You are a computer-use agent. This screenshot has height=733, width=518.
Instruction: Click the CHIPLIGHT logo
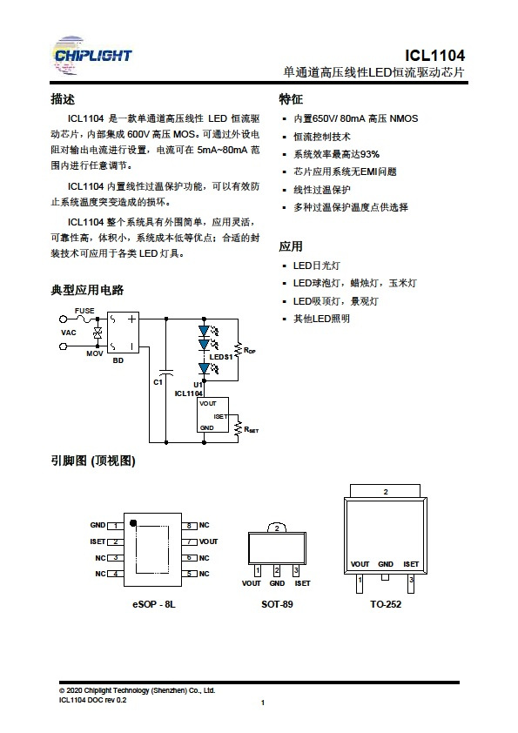(92, 56)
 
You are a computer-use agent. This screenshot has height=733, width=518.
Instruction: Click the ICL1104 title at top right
(434, 56)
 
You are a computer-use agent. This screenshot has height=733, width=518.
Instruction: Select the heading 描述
(63, 99)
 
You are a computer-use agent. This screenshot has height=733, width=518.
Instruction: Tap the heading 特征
(291, 99)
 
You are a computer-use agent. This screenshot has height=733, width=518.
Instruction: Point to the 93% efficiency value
(370, 154)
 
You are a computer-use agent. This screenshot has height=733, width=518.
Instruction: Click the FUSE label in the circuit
(84, 311)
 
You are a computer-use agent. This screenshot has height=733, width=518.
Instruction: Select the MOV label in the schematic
(94, 354)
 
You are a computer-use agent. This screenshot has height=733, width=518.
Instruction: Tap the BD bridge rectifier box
(123, 333)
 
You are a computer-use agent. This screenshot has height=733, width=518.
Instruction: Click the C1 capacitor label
(158, 382)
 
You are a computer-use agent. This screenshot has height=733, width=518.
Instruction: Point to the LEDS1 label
(220, 357)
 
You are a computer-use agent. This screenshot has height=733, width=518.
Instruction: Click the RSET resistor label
(251, 429)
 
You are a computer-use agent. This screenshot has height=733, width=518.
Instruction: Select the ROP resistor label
(250, 350)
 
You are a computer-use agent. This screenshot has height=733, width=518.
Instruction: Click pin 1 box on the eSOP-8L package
(116, 526)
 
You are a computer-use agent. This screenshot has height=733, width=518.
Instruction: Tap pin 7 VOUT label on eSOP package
(209, 541)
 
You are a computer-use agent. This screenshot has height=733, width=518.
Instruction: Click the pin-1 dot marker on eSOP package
(133, 523)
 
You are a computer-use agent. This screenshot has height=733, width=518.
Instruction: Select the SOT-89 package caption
(277, 604)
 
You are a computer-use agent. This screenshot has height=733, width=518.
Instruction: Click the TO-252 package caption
(386, 604)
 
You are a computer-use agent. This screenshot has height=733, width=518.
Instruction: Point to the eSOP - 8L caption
(154, 604)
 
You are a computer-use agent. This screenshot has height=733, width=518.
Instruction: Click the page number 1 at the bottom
(263, 703)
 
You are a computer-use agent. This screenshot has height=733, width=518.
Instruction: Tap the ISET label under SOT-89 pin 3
(302, 583)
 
